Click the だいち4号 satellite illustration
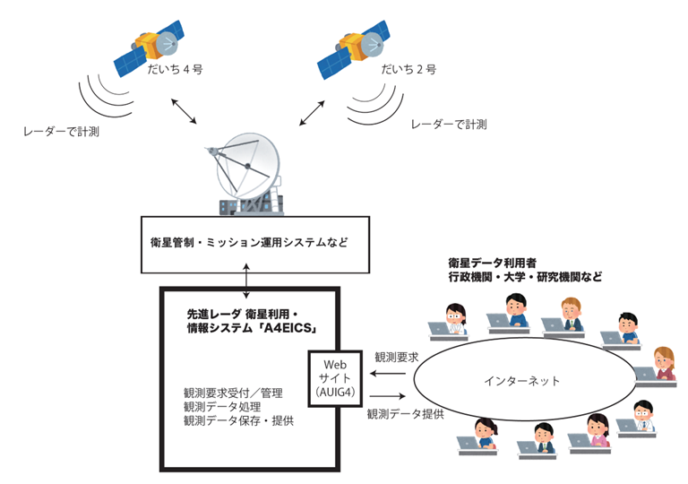149,50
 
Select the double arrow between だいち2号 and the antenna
311,113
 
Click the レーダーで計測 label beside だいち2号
448,125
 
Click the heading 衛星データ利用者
493,264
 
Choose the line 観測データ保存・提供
238,420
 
